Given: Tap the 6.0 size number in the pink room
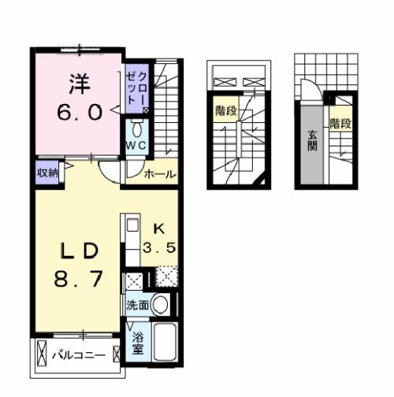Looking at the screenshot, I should click(x=78, y=112).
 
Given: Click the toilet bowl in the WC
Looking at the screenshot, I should click(x=137, y=129).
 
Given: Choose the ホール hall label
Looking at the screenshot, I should click(x=160, y=175).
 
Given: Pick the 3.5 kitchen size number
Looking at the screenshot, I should click(x=158, y=248).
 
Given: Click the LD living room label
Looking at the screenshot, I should click(x=78, y=251).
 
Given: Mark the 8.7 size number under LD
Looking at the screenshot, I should click(x=78, y=281).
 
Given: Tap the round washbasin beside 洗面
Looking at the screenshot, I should click(x=161, y=303).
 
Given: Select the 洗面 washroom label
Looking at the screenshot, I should click(x=136, y=304).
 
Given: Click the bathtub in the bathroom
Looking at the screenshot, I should click(x=163, y=341).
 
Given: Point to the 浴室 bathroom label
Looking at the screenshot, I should click(x=138, y=340).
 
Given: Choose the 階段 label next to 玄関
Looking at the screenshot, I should click(x=340, y=124).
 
